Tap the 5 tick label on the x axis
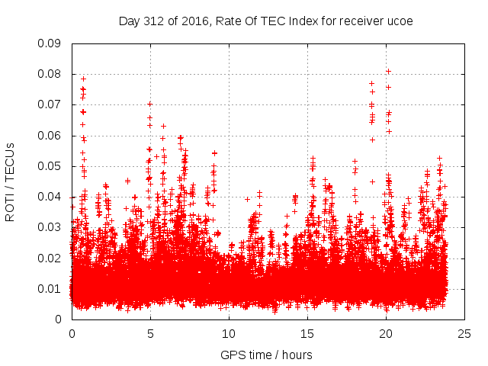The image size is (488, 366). click(150, 334)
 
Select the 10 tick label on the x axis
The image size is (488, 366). click(229, 334)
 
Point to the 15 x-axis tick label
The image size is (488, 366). click(307, 334)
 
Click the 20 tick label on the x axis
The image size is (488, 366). click(386, 334)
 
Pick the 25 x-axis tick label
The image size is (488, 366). click(464, 334)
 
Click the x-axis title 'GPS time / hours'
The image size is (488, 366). click(266, 355)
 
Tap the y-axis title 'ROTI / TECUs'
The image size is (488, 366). click(11, 181)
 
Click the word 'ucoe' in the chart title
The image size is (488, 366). click(400, 21)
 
